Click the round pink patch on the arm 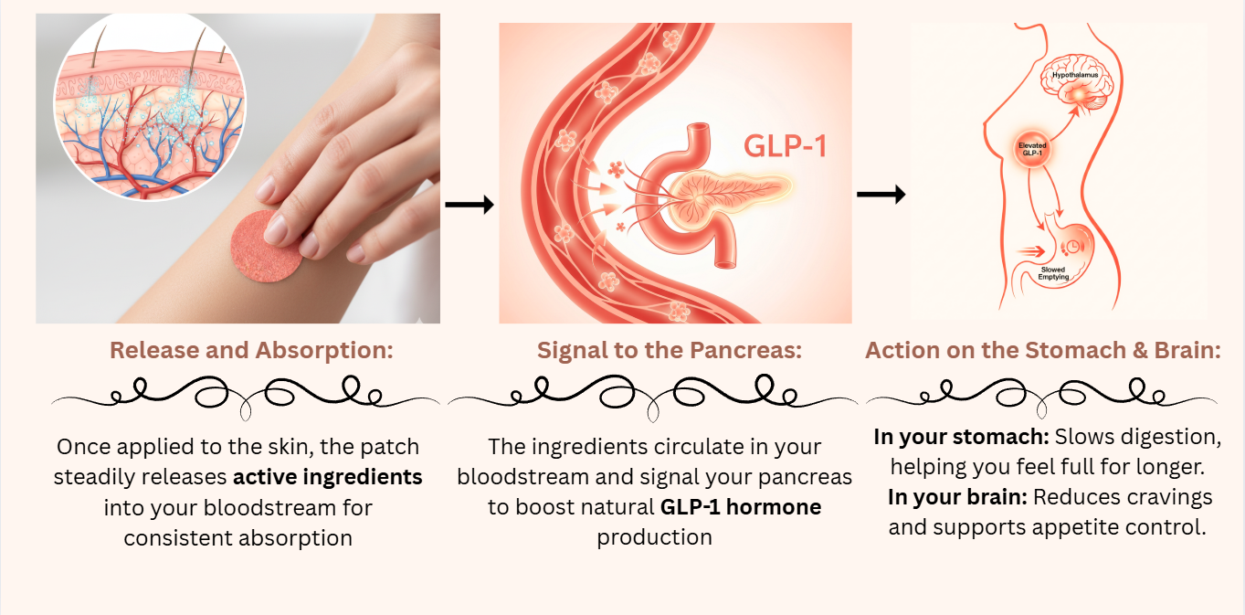268,249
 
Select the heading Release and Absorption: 251,350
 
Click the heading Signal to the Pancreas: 670,350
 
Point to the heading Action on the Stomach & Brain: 1043,350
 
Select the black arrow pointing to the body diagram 881,194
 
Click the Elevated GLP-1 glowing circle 1032,150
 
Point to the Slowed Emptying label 1059,275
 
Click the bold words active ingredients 328,477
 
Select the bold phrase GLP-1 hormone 741,506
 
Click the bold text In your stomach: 961,437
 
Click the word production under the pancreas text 654,536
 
